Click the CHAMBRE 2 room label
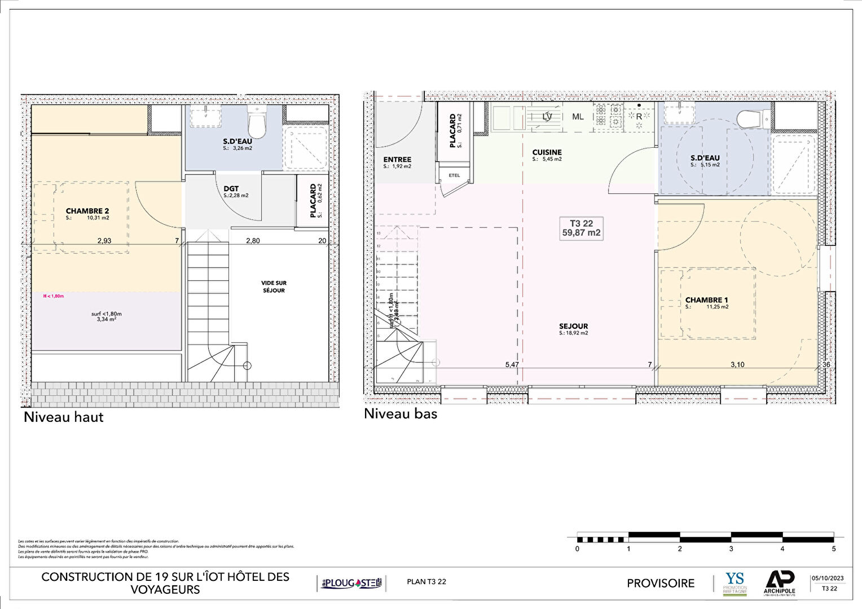tap(87, 211)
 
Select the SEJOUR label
tap(573, 326)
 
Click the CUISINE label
tap(547, 152)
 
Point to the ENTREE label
tap(397, 160)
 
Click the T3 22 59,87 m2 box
tap(581, 228)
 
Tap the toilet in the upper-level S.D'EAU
tap(257, 123)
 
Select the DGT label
tap(231, 189)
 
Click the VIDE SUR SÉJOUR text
tap(274, 286)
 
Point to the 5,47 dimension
tap(512, 365)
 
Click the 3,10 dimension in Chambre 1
tap(737, 365)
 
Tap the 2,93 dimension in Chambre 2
tap(104, 241)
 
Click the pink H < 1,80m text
tap(54, 296)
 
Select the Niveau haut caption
tap(63, 417)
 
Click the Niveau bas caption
tap(400, 413)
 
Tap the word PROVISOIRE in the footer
tap(661, 583)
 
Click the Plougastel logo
tap(351, 583)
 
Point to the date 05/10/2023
tap(828, 578)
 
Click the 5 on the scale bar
tap(834, 549)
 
